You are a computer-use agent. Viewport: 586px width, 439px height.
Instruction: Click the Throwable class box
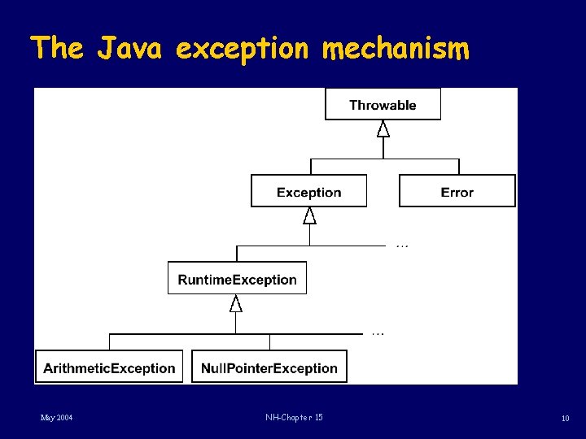pyautogui.click(x=383, y=105)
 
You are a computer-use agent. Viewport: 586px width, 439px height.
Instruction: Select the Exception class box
pyautogui.click(x=308, y=192)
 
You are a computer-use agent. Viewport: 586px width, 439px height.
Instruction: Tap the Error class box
pyautogui.click(x=457, y=192)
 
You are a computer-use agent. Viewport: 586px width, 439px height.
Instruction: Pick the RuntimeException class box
pyautogui.click(x=237, y=279)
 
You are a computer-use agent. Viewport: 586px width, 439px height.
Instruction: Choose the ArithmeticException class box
pyautogui.click(x=109, y=367)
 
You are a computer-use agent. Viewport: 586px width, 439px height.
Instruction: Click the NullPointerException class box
pyautogui.click(x=269, y=367)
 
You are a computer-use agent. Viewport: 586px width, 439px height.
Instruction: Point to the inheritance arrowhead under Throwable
pyautogui.click(x=383, y=128)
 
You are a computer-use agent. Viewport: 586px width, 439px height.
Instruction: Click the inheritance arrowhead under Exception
pyautogui.click(x=309, y=215)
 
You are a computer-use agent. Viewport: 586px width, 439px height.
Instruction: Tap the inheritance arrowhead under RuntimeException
pyautogui.click(x=236, y=304)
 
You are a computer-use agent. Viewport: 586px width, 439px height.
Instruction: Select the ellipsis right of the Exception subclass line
pyautogui.click(x=402, y=246)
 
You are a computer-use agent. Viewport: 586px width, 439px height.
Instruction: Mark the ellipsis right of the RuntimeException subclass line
pyautogui.click(x=378, y=333)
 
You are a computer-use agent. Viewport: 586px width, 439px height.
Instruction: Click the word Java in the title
pyautogui.click(x=130, y=49)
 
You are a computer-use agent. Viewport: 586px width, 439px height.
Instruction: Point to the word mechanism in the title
pyautogui.click(x=396, y=49)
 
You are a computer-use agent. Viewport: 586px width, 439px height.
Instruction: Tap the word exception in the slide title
pyautogui.click(x=243, y=49)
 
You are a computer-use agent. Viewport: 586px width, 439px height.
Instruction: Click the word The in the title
pyautogui.click(x=57, y=49)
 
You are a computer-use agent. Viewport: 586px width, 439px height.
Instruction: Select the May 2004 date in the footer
pyautogui.click(x=57, y=418)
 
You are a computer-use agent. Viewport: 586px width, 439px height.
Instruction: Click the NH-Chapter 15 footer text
pyautogui.click(x=294, y=418)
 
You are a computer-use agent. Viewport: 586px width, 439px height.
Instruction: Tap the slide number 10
pyautogui.click(x=565, y=419)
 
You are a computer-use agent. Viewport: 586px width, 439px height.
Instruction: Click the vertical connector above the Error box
pyautogui.click(x=457, y=166)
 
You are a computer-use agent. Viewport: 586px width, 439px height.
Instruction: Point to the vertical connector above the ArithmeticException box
pyautogui.click(x=110, y=341)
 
